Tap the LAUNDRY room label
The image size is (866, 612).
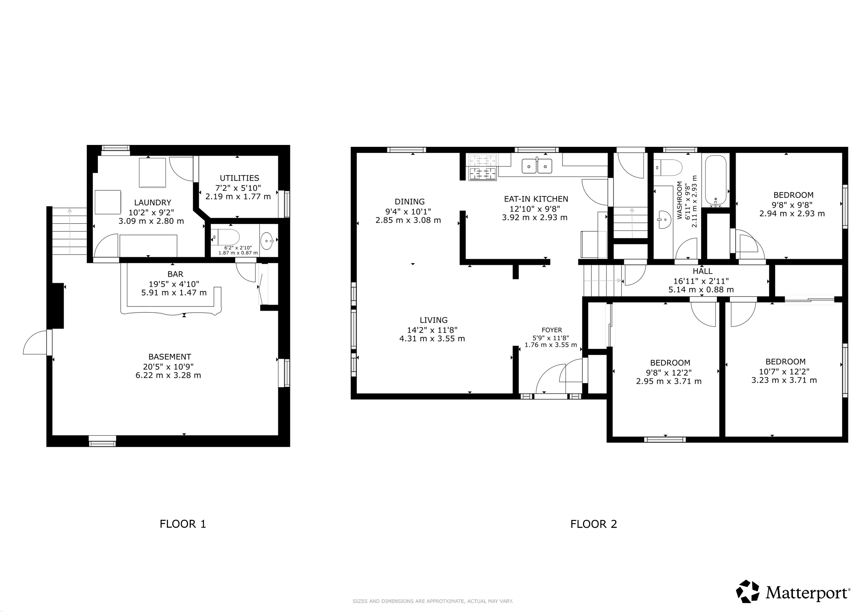[x=152, y=202]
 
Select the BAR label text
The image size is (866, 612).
[x=175, y=274]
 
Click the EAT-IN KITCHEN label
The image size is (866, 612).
[x=536, y=199]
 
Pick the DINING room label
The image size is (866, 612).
[x=410, y=202]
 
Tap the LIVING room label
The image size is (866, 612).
[x=434, y=320]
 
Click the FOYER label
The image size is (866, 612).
[x=552, y=330]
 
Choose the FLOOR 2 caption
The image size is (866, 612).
[x=594, y=524]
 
